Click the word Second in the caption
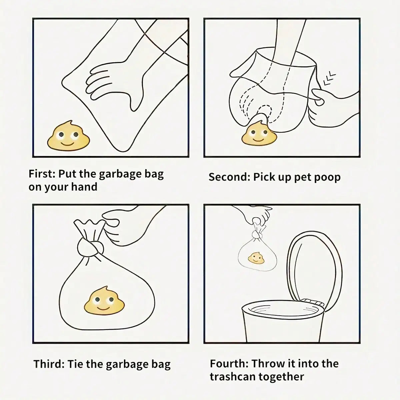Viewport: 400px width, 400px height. coord(228,177)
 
